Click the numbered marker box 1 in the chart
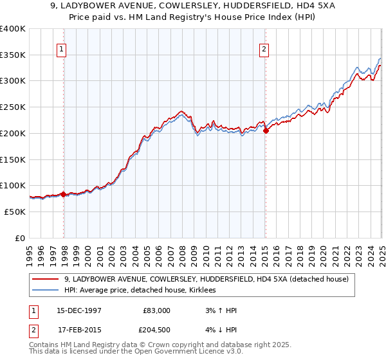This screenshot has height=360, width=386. pos(62,48)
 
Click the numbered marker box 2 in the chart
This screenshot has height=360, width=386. pos(264,48)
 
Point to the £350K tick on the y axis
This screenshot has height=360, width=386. pos(13,55)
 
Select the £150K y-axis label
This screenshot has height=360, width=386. pos(13,159)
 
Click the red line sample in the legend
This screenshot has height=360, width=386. pos(45,279)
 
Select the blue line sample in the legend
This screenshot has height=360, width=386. pos(45,291)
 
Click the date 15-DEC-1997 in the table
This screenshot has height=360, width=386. pos(79,310)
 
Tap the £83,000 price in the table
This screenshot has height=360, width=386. pos(156,310)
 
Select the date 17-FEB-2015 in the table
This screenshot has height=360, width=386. pos(79,332)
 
